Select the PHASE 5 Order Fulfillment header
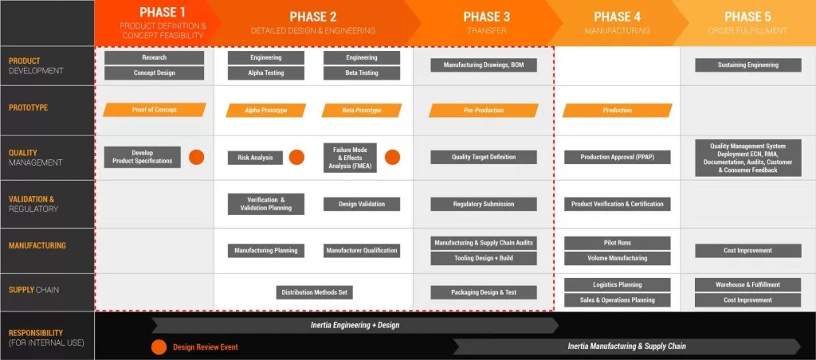click(x=747, y=22)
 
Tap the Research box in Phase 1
click(x=154, y=58)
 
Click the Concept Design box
click(x=154, y=73)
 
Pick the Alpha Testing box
click(x=265, y=73)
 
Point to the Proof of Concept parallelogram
click(x=154, y=110)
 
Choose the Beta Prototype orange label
click(x=361, y=111)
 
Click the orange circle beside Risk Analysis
click(x=296, y=158)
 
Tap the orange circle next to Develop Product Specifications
click(x=196, y=157)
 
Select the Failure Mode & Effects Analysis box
click(x=350, y=157)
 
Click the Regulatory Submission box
click(x=484, y=205)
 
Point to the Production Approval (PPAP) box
click(x=617, y=158)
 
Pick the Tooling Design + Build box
click(x=484, y=258)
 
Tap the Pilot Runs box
click(x=617, y=243)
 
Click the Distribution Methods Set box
click(x=314, y=292)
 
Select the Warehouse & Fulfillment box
click(x=747, y=285)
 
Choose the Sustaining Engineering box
click(x=747, y=65)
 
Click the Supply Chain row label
click(x=32, y=290)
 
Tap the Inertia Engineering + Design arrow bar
click(x=355, y=325)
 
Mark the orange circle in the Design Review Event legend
click(x=159, y=346)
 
